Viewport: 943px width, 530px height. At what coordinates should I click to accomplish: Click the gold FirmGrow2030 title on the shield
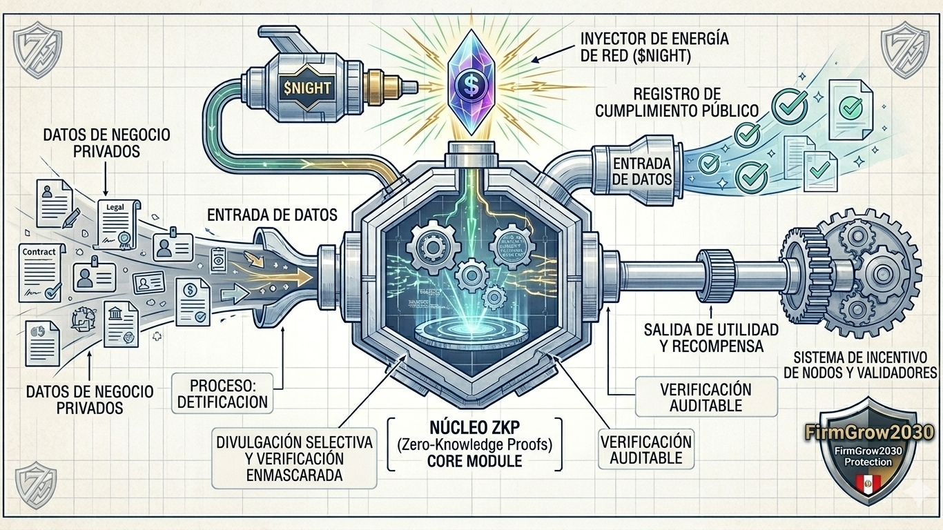[869, 433]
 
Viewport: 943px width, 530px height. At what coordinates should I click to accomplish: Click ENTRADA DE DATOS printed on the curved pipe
[641, 170]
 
